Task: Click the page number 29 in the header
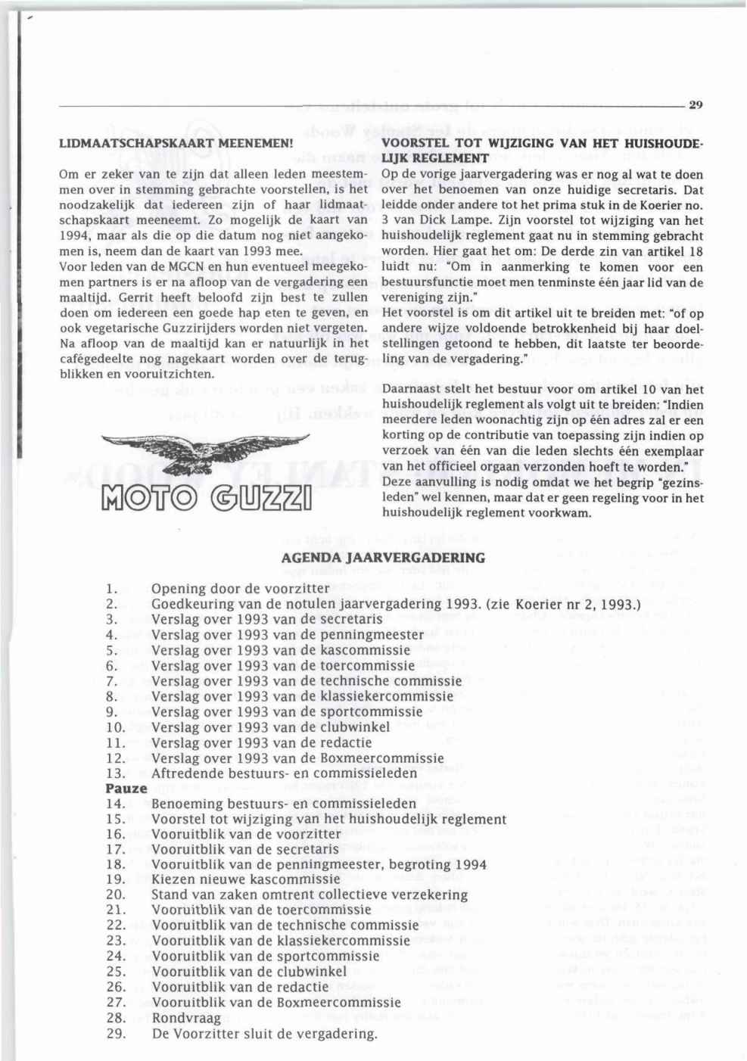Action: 696,106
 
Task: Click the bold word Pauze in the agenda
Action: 126,788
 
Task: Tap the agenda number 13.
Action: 115,773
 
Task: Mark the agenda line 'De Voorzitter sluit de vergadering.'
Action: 264,1034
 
